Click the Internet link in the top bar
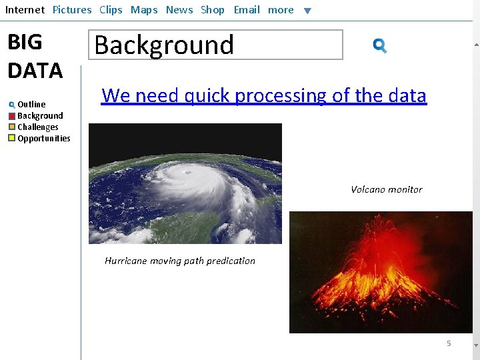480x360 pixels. click(25, 10)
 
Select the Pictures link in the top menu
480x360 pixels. click(72, 10)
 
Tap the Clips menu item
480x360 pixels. click(111, 10)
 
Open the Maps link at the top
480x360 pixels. click(144, 10)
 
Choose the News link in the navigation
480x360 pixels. click(179, 10)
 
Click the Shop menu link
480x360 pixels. click(213, 10)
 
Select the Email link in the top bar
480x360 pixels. click(247, 10)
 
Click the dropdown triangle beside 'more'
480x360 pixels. click(307, 11)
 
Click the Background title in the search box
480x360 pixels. click(164, 45)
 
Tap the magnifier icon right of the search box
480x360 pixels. click(379, 45)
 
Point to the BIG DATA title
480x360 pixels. click(35, 56)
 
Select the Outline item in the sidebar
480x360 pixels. click(31, 104)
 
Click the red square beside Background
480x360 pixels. click(12, 116)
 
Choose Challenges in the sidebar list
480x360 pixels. click(37, 127)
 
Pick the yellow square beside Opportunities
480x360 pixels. click(12, 139)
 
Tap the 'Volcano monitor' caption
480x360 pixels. click(387, 189)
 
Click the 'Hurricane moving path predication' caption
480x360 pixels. click(180, 261)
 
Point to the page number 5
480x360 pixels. click(449, 343)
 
